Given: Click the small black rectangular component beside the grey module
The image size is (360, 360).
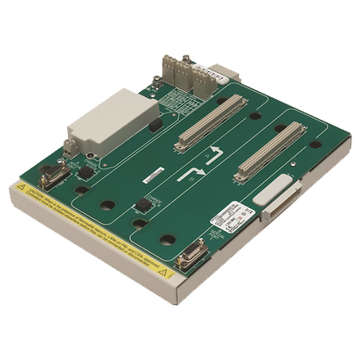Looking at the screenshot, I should click(x=155, y=125).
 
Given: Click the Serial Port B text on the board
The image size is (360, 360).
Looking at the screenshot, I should click(x=216, y=236).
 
